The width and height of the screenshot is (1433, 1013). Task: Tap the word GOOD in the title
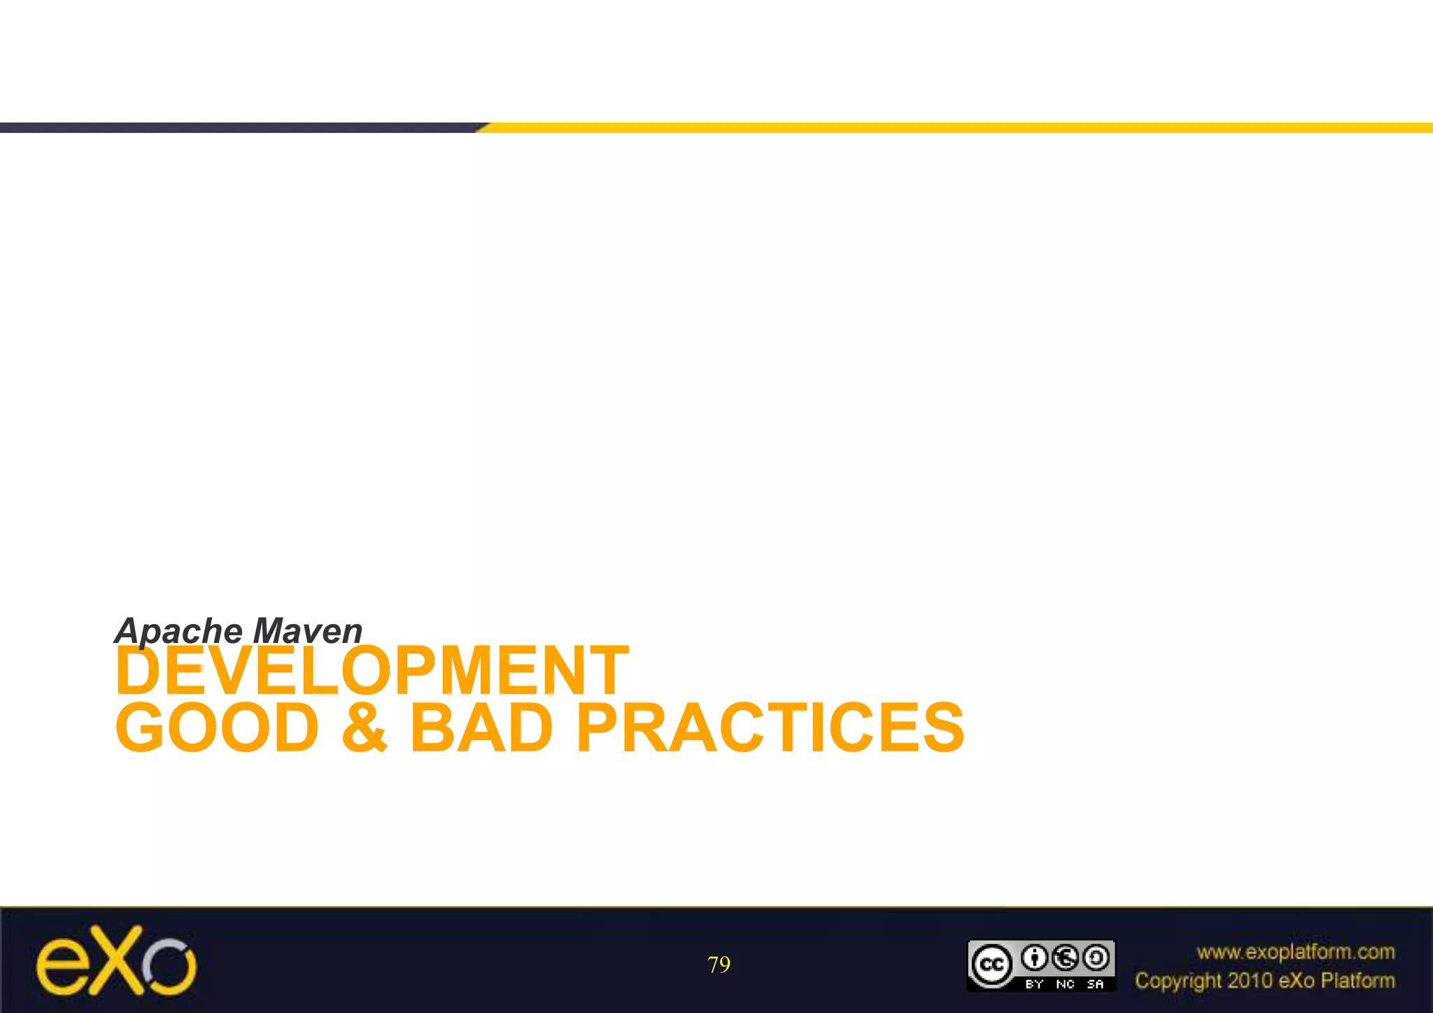coord(218,728)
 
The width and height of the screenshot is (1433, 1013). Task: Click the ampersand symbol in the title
coord(364,728)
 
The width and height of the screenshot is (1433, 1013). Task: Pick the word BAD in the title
coord(481,728)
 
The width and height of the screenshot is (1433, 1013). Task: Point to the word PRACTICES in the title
coord(770,728)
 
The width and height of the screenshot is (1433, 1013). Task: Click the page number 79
coord(719,965)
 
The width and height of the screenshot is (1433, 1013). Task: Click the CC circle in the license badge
coord(991,965)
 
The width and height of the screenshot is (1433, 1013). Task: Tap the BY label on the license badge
coord(1034,984)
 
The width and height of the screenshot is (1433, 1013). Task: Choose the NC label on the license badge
coord(1065,984)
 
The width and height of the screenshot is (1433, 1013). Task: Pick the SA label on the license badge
coord(1096,984)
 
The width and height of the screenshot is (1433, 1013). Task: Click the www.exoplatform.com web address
coord(1295,952)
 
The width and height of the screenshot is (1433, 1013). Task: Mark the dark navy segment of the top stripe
coord(238,127)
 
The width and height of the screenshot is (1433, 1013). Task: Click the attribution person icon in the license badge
coord(1034,958)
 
